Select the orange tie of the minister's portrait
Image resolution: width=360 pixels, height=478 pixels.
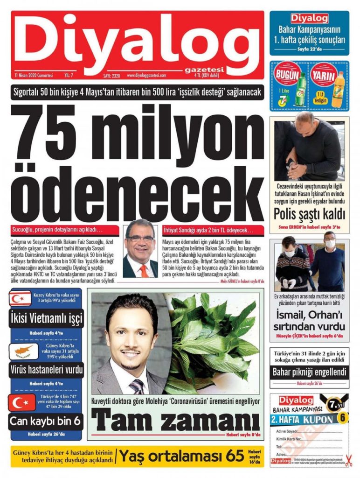click(143, 269)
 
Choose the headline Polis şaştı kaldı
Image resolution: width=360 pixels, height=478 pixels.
click(309, 214)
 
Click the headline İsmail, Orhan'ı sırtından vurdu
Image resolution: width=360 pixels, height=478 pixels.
click(309, 321)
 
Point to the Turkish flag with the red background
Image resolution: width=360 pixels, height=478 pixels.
click(22, 402)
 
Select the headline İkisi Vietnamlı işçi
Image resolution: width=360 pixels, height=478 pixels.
click(47, 319)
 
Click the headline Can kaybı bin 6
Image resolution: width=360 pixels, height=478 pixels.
click(46, 422)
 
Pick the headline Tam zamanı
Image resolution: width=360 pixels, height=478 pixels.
click(175, 419)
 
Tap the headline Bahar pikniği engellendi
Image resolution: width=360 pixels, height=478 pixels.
click(309, 372)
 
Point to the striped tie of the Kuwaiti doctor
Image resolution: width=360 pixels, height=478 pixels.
click(137, 386)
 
